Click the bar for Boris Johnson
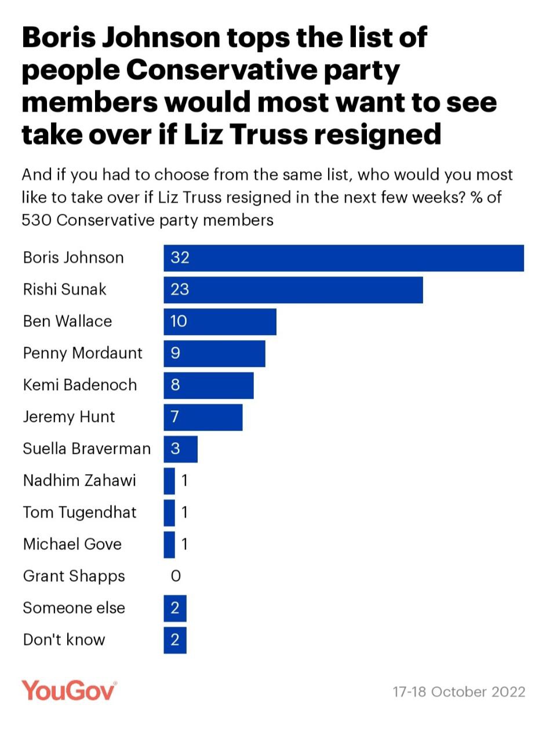coord(343,258)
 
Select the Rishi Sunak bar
coord(293,289)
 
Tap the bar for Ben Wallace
coord(220,321)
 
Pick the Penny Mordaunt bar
coord(214,353)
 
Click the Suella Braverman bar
coord(180,449)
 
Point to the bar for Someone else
coord(174,608)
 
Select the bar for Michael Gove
coord(169,544)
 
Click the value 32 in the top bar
coord(180,258)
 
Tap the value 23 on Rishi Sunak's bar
coord(180,289)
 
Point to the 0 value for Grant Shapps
coord(176,576)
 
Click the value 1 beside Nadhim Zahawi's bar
coord(184,481)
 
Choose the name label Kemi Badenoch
coord(80,385)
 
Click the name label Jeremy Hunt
coord(69,417)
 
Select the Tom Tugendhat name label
coord(80,512)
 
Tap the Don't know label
coord(64,640)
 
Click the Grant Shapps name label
coord(74,576)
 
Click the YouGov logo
coord(69,691)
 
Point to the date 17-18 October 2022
coord(458,692)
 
